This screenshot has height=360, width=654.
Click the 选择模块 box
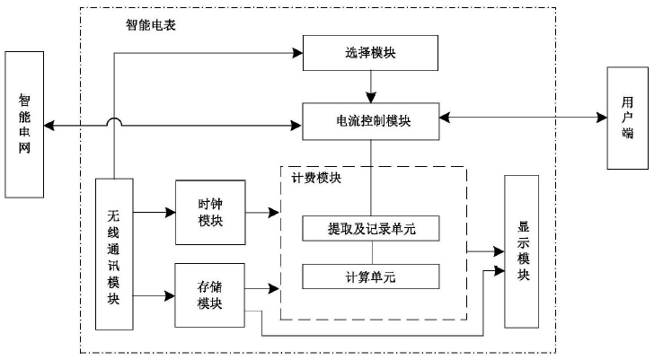point(370,53)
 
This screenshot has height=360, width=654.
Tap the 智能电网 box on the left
point(24,124)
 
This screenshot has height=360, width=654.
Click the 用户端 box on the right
point(626,119)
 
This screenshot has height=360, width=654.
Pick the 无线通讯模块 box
point(114,254)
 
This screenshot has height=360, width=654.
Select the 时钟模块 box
point(210,213)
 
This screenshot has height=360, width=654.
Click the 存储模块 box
point(210,294)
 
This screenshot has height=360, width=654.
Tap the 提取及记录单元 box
point(370,230)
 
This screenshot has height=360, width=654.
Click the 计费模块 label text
point(315,178)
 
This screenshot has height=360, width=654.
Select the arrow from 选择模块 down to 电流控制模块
point(370,87)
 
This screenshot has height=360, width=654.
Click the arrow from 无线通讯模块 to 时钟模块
point(154,213)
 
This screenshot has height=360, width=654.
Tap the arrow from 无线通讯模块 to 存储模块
point(154,294)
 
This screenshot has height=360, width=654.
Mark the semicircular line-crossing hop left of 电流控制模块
point(115,121)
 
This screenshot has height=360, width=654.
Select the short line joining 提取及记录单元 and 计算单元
point(370,253)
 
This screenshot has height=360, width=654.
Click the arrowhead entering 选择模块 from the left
point(296,53)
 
